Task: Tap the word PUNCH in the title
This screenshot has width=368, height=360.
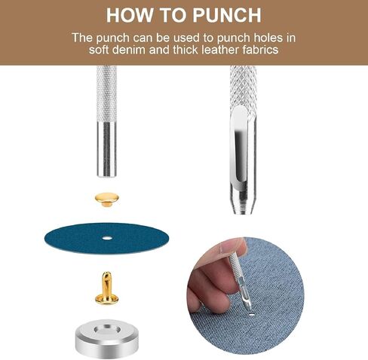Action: (227, 15)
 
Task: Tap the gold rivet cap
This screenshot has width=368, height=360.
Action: (106, 200)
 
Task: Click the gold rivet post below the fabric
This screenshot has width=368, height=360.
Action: (106, 288)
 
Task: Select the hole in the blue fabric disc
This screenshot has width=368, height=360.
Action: (107, 237)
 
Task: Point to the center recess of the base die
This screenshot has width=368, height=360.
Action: (106, 328)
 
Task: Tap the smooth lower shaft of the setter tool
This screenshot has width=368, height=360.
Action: (106, 149)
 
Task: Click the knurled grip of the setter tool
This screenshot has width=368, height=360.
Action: (106, 93)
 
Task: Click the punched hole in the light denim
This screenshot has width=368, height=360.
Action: (252, 314)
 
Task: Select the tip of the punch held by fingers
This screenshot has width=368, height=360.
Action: (248, 307)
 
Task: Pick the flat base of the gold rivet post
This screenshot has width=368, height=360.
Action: (106, 300)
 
